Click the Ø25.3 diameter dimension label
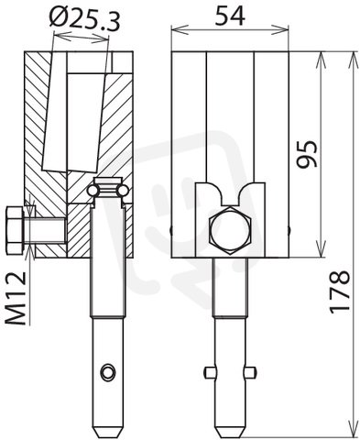pos(84,19)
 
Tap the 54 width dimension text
pos(230,16)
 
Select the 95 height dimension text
pos(308,154)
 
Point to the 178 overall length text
pos(340,292)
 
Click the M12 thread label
pos(16,298)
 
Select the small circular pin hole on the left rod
pos(109,372)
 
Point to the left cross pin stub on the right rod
pos(210,372)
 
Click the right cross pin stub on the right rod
pos(250,372)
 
